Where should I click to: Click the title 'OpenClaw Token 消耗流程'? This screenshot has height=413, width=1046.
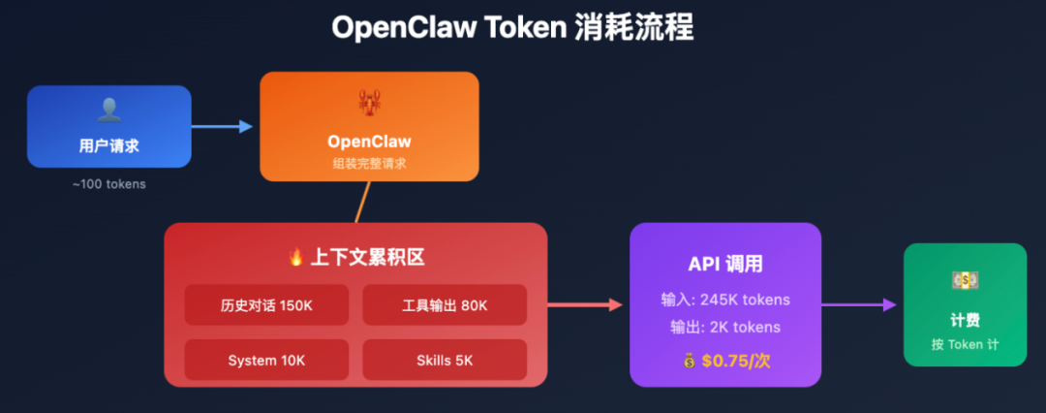click(x=512, y=27)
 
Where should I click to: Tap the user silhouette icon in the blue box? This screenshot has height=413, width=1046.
click(x=108, y=111)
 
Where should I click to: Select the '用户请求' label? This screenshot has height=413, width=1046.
click(x=108, y=146)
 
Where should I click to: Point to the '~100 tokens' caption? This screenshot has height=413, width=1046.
click(x=108, y=183)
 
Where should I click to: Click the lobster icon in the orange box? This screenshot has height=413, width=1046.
click(x=369, y=103)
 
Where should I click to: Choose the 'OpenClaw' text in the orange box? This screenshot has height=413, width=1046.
click(x=369, y=142)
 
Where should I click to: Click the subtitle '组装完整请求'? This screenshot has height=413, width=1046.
click(x=369, y=164)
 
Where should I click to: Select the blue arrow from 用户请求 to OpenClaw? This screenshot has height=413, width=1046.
click(x=222, y=126)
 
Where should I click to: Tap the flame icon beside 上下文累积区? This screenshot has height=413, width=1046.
click(x=296, y=258)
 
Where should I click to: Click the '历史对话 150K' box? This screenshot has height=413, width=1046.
click(x=266, y=305)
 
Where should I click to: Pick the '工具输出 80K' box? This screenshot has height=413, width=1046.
click(x=445, y=305)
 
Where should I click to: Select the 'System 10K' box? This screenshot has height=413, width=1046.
click(x=266, y=360)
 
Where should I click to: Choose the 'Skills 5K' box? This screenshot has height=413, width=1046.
click(x=445, y=360)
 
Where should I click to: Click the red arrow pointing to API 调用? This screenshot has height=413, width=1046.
click(x=585, y=304)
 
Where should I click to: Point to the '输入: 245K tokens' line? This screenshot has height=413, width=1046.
click(x=724, y=300)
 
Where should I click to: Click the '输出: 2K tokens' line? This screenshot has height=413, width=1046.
click(x=724, y=328)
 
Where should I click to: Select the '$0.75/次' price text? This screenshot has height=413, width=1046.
click(x=736, y=362)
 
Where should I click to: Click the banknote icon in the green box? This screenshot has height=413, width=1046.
click(x=965, y=281)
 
